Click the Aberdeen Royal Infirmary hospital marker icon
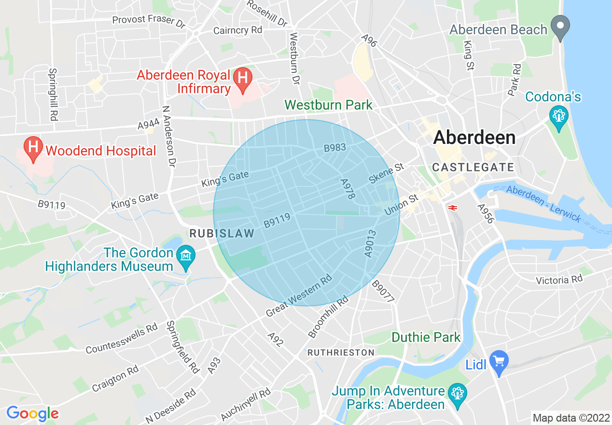click(243, 79)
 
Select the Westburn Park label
click(328, 105)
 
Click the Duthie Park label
click(426, 337)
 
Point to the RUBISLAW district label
click(222, 234)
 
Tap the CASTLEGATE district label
click(473, 168)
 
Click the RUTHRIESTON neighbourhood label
click(341, 353)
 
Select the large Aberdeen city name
click(474, 138)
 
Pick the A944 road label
click(149, 125)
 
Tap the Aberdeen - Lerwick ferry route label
click(544, 204)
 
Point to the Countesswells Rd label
click(122, 340)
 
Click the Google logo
click(32, 413)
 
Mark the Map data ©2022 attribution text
click(570, 417)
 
